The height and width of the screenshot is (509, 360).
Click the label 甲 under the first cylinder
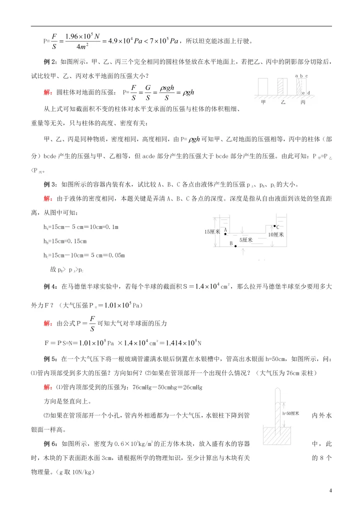(263, 102)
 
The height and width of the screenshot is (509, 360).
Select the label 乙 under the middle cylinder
(282, 102)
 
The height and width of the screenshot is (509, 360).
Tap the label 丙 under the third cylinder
(303, 102)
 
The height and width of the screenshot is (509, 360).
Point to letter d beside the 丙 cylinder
(308, 92)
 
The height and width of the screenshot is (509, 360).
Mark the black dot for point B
(235, 246)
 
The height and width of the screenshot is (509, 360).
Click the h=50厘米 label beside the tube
(291, 413)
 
